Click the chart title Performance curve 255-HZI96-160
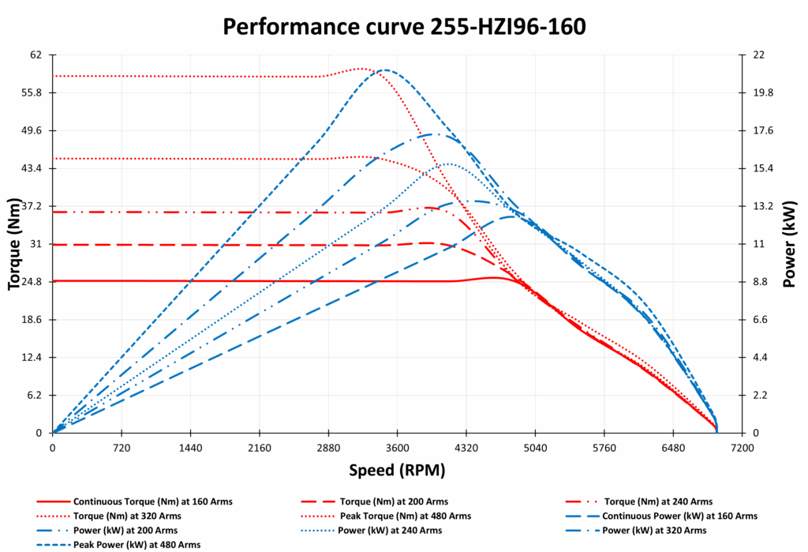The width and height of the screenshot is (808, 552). click(404, 26)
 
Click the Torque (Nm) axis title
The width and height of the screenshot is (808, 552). click(14, 243)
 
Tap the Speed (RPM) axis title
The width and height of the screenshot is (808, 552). click(397, 471)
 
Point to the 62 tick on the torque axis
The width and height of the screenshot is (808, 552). click(36, 55)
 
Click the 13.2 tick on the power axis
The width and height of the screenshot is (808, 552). click(761, 206)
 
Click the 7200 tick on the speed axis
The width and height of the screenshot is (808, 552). click(742, 447)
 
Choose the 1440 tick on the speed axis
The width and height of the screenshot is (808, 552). click(190, 447)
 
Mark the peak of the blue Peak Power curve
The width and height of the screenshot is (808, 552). click(384, 69)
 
